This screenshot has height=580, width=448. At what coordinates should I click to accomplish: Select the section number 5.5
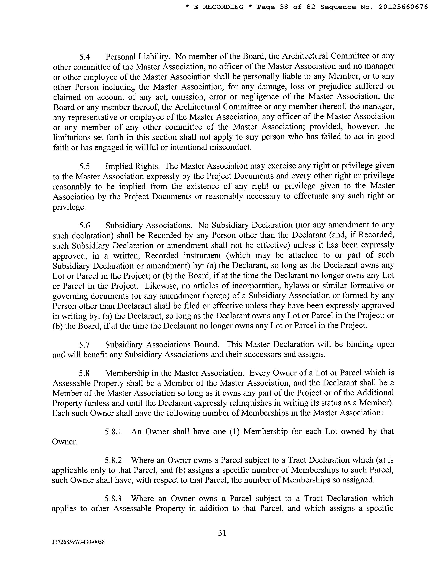(85, 166)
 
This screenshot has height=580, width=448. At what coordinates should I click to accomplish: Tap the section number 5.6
(85, 225)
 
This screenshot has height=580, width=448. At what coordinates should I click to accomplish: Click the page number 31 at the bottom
(222, 533)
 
